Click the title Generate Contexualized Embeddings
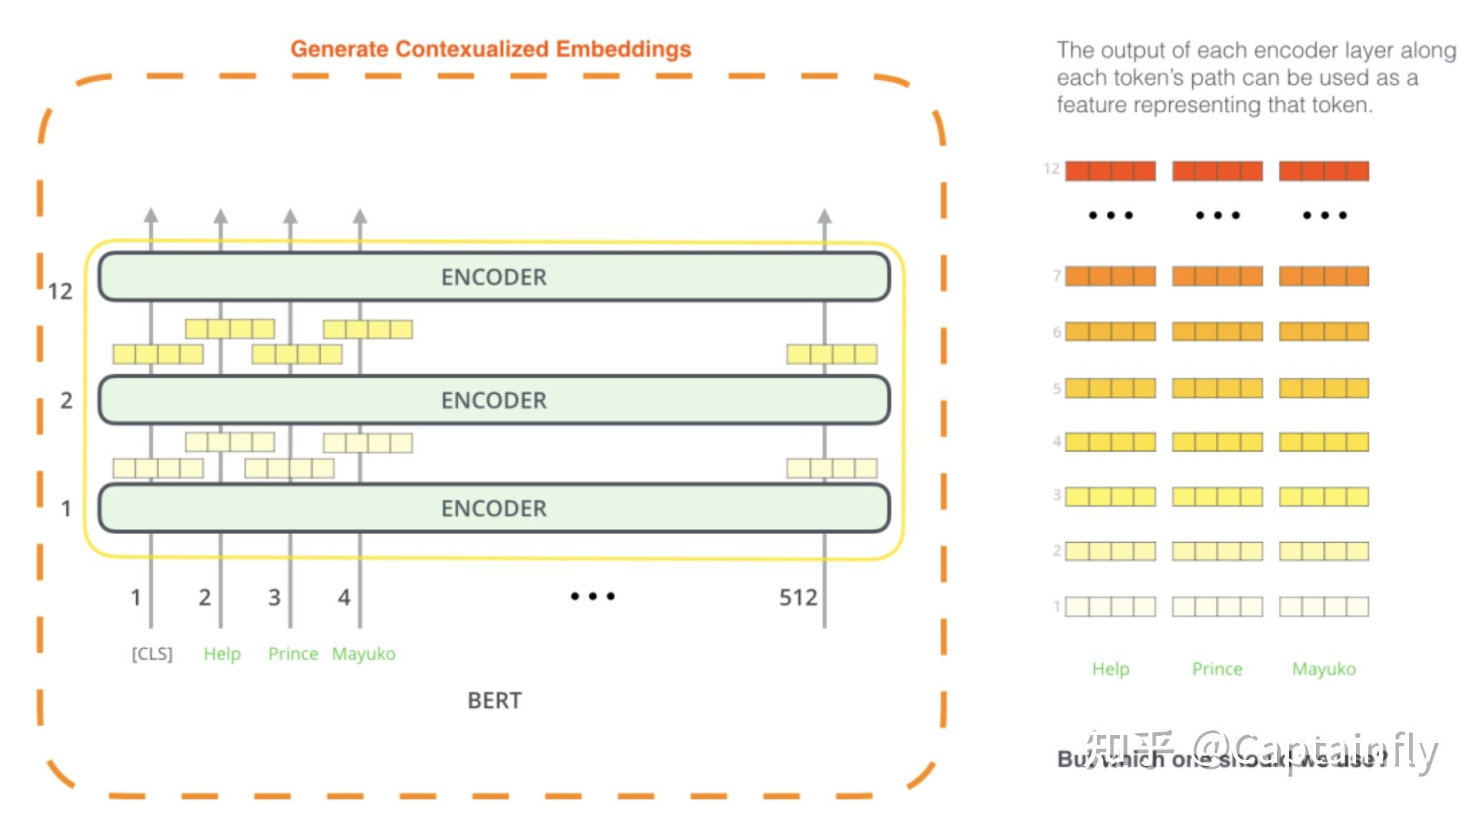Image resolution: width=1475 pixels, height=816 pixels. click(490, 49)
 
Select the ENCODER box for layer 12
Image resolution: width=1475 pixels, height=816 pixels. click(493, 277)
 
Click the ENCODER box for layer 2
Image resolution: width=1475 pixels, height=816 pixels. click(493, 400)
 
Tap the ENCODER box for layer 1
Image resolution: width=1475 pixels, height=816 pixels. click(493, 508)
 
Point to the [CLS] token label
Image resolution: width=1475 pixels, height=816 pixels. click(152, 654)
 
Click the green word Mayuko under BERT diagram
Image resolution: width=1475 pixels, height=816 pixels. click(363, 654)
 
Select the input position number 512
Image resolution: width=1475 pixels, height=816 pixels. click(798, 597)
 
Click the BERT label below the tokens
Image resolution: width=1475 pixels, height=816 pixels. click(494, 700)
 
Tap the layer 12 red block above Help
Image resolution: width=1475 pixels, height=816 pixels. click(1110, 171)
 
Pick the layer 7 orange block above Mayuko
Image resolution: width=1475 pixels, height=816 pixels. click(1324, 276)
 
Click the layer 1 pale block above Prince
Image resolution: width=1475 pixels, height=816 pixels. click(1217, 607)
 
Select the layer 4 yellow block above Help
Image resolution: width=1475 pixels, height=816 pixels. click(1110, 442)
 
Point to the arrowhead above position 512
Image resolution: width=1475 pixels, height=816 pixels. click(825, 216)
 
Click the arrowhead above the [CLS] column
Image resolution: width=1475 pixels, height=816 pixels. click(151, 216)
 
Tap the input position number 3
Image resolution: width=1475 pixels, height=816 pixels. click(274, 597)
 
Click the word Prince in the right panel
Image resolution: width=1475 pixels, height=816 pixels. click(1217, 669)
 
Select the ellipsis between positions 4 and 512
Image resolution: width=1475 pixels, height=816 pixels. click(592, 596)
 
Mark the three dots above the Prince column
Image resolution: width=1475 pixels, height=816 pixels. click(1217, 215)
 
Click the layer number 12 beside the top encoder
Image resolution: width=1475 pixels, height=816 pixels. click(60, 291)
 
